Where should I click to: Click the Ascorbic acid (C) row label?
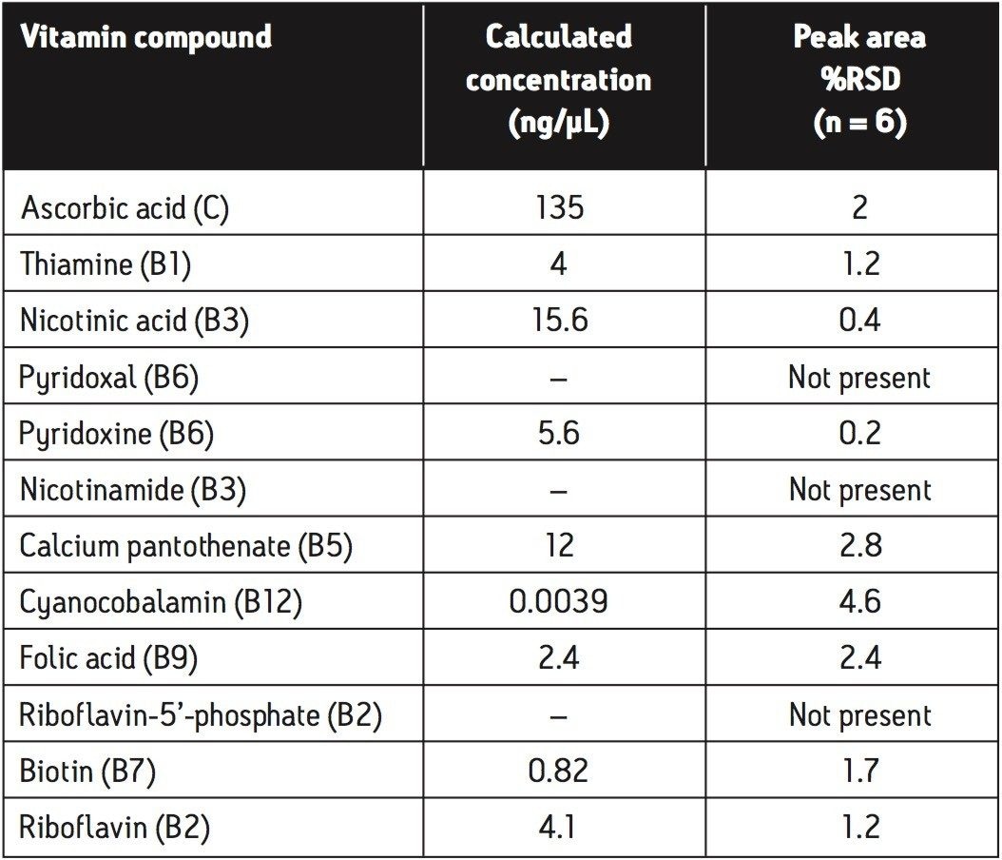point(125,208)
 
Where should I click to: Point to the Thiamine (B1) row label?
point(106,264)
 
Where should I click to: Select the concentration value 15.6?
point(559,321)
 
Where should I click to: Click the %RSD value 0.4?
point(859,321)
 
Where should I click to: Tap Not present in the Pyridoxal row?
point(859,378)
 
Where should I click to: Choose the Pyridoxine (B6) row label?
point(117,434)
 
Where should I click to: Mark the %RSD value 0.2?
point(859,434)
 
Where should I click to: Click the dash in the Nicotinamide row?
point(559,490)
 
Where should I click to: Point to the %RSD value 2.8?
point(859,546)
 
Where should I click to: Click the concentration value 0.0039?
point(559,602)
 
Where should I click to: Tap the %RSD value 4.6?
point(859,602)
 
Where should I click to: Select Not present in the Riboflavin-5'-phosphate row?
point(859,714)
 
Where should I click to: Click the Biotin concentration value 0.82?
point(559,772)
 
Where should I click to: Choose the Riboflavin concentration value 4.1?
point(559,828)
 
